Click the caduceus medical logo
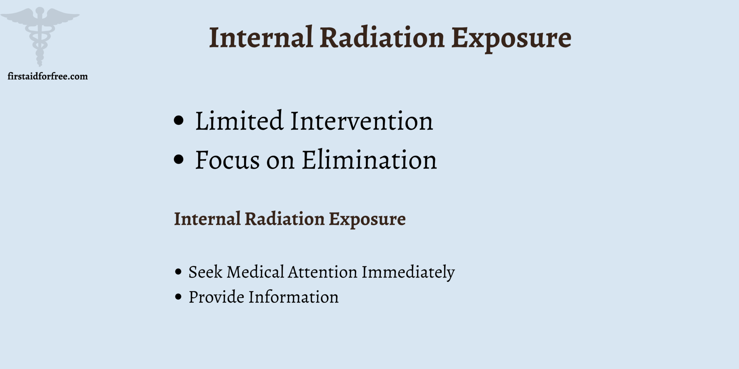point(40,34)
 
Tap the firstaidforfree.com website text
point(48,76)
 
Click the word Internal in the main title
point(261,38)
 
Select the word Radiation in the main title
point(382,38)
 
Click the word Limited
point(239,121)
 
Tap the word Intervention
point(362,121)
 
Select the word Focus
point(227,160)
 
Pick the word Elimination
point(369,160)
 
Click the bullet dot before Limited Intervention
point(179,121)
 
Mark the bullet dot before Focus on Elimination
point(179,159)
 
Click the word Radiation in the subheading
point(284,219)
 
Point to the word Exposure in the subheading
point(367,219)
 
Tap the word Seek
point(205,272)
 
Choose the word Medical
point(255,272)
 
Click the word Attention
point(322,272)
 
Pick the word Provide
point(217,297)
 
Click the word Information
point(293,297)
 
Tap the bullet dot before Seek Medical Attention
point(178,272)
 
